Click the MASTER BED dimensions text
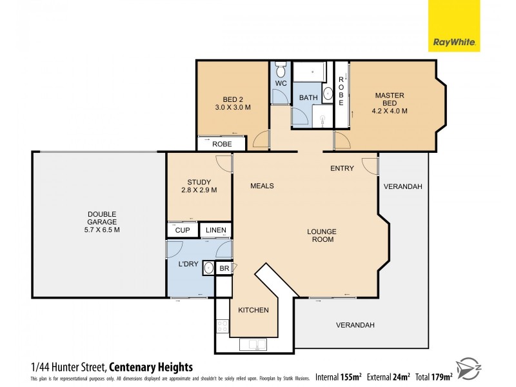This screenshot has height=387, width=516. (x=390, y=111)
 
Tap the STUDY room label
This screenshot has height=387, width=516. (x=198, y=181)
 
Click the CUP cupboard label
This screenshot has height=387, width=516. (x=182, y=230)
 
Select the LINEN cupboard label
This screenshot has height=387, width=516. (x=215, y=230)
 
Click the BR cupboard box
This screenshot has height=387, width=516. (x=224, y=268)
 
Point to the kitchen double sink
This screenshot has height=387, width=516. (x=253, y=344)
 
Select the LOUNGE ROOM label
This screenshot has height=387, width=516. (x=322, y=235)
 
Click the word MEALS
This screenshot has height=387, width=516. (x=263, y=186)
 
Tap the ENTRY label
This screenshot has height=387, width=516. (x=342, y=168)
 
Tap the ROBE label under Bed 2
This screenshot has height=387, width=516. (x=222, y=144)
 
